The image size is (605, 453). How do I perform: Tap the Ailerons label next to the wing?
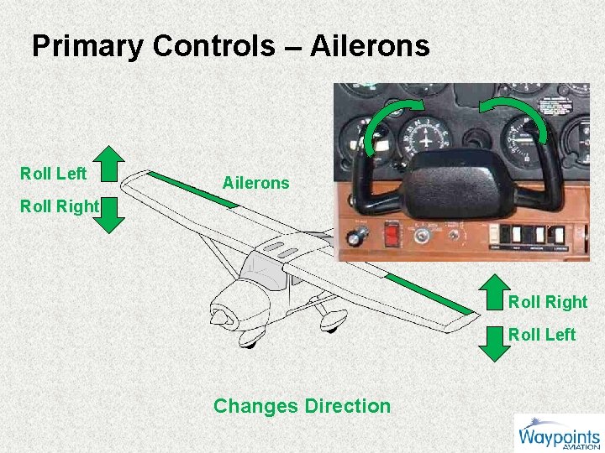click(255, 183)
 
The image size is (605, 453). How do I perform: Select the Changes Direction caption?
click(302, 406)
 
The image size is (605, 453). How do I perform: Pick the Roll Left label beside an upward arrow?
click(54, 174)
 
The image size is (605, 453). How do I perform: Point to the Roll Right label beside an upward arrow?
click(548, 302)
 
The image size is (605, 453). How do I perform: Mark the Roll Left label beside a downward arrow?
click(542, 335)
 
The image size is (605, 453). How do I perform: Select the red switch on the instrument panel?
click(392, 234)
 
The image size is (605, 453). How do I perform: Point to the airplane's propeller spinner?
click(221, 317)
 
